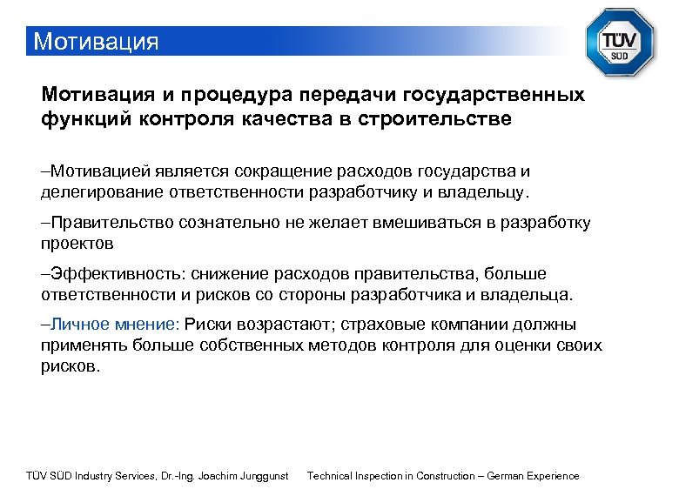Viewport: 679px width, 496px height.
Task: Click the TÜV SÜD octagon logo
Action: tap(619, 42)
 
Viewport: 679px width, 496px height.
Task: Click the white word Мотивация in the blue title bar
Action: tap(95, 42)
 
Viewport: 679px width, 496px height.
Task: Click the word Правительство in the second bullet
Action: tap(111, 223)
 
